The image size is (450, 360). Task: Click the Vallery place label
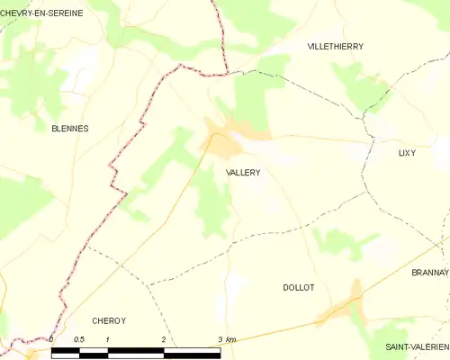click(x=238, y=171)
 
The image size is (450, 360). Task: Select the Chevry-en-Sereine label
click(x=42, y=13)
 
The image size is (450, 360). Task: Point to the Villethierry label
click(x=335, y=45)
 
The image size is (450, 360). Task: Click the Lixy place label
click(x=407, y=153)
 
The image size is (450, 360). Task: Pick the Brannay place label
click(x=428, y=272)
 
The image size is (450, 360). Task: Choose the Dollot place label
click(x=298, y=287)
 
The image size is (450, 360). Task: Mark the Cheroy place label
click(x=108, y=319)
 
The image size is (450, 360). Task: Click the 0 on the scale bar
click(x=51, y=339)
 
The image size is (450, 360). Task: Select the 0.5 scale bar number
click(x=78, y=339)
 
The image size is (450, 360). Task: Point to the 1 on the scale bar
click(x=107, y=339)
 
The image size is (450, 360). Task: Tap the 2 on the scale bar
click(x=163, y=339)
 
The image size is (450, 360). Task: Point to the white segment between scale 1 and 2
click(x=135, y=350)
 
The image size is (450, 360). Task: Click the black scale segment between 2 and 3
click(x=191, y=350)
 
